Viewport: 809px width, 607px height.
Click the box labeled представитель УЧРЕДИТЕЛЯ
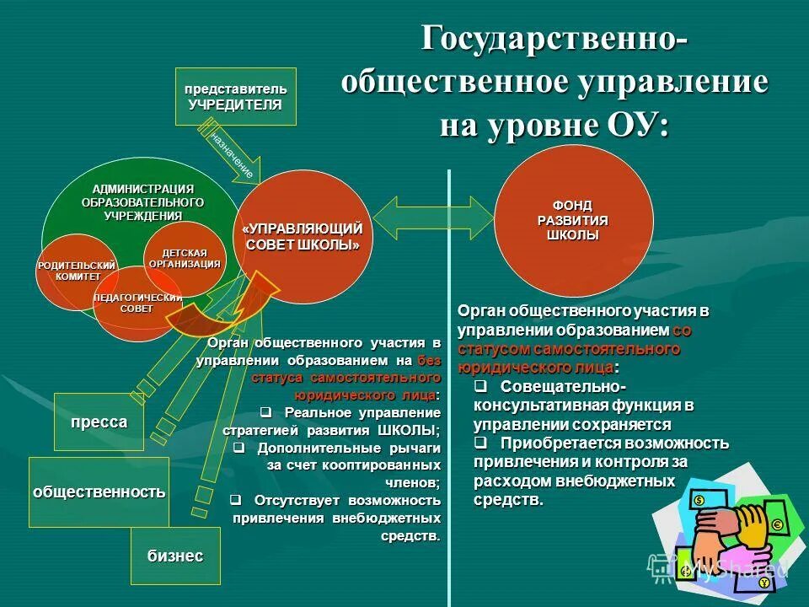235,96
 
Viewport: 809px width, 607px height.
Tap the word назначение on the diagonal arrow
233,153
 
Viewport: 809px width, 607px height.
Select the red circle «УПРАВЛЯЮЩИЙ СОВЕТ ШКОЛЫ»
302,237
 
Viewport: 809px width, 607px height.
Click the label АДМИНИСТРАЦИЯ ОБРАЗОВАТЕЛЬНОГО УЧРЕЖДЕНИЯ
142,202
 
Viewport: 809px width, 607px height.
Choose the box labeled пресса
99,422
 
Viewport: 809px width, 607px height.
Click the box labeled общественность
99,492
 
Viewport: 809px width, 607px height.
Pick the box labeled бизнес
175,556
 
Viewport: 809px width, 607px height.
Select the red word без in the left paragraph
429,361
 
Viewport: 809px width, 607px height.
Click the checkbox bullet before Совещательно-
480,387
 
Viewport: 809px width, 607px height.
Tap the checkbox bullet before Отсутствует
236,500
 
